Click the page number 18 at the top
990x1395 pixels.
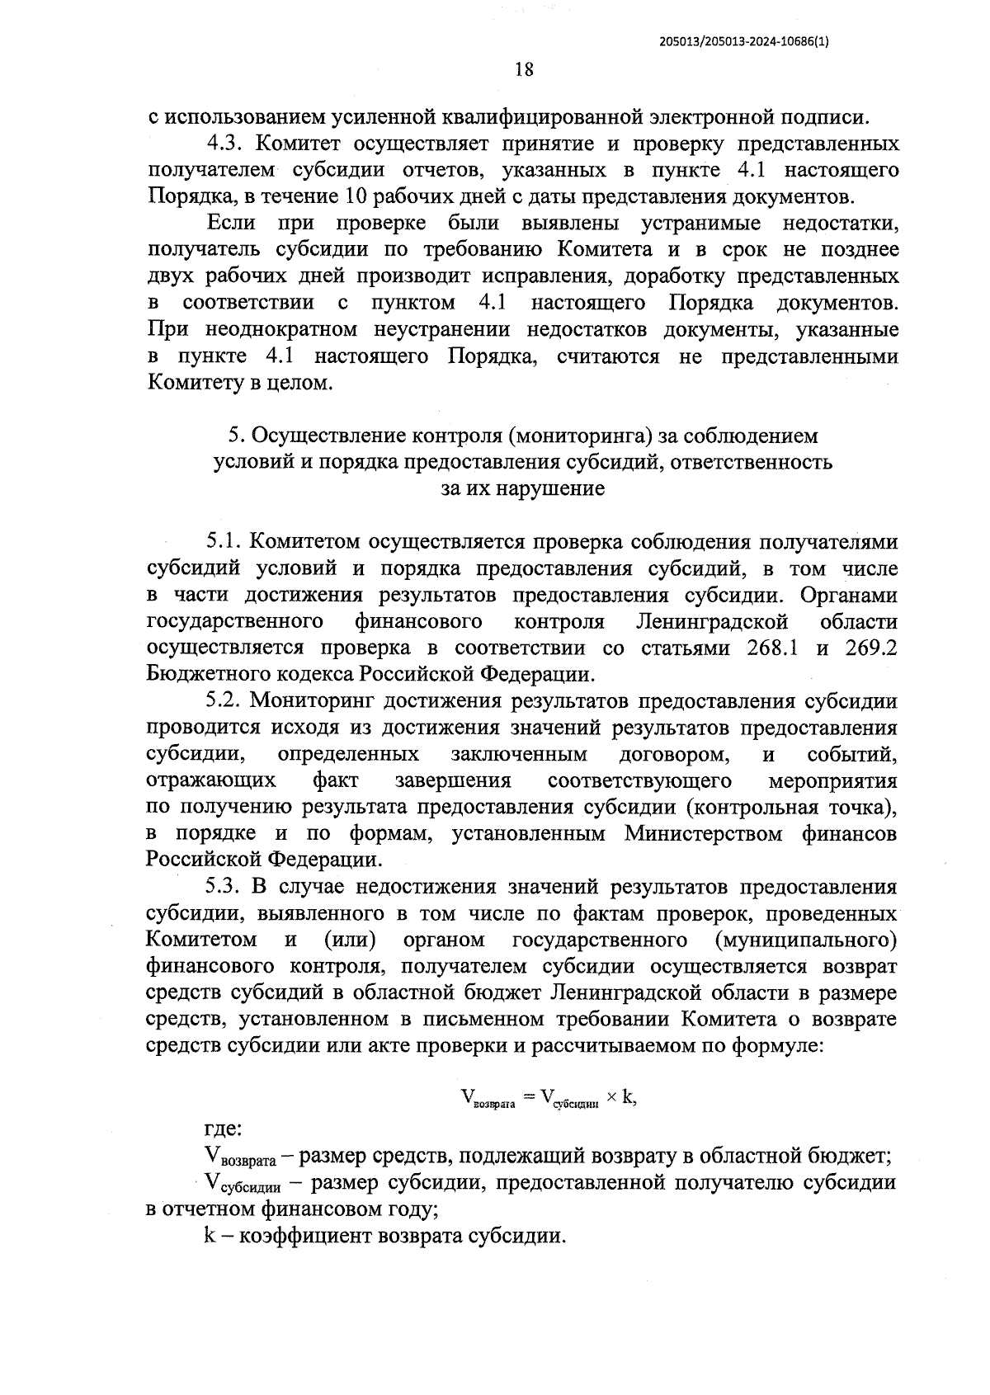point(524,69)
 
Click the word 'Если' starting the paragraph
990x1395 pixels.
point(231,223)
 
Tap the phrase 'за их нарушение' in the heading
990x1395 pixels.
point(523,488)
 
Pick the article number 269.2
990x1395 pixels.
point(871,648)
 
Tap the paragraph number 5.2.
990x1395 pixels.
point(223,701)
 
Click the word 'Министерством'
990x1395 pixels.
point(706,833)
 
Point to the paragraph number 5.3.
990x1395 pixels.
point(223,887)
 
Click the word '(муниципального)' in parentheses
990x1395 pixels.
point(806,940)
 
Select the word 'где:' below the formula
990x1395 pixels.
point(223,1129)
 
